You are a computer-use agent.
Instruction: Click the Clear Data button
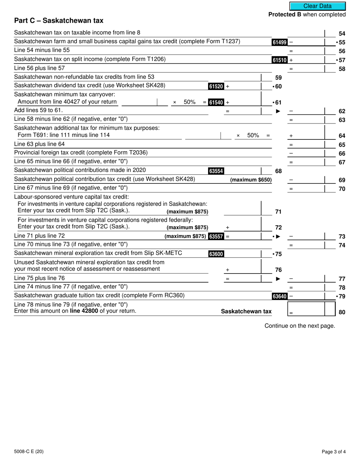tap(318, 6)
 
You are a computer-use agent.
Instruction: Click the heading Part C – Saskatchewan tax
tap(58, 21)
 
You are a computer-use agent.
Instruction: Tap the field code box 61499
tap(279, 42)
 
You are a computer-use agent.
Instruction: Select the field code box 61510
tap(279, 60)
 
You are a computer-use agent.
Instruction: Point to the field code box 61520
tap(216, 86)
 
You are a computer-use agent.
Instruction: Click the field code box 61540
tap(216, 102)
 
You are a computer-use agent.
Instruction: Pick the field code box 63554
tap(216, 171)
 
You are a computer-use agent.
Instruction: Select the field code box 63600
tap(216, 254)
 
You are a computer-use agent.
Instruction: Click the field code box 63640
tap(279, 296)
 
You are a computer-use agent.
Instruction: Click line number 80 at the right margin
tap(342, 313)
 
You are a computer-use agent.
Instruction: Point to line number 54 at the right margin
tap(342, 34)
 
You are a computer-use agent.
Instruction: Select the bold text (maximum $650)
tap(251, 180)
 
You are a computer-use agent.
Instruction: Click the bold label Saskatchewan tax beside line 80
tap(246, 311)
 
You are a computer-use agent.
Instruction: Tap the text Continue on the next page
tap(300, 326)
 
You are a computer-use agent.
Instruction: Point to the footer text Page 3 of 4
tap(333, 451)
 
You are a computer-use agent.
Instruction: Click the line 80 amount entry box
tap(306, 309)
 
